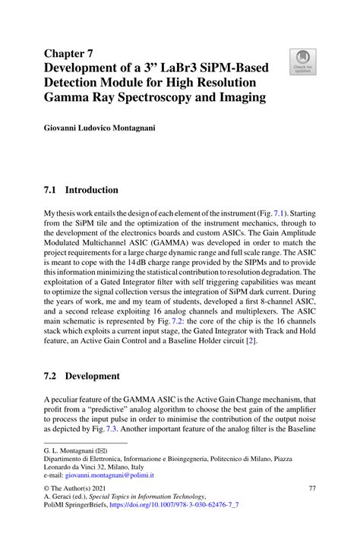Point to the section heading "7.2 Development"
click(x=82, y=376)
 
